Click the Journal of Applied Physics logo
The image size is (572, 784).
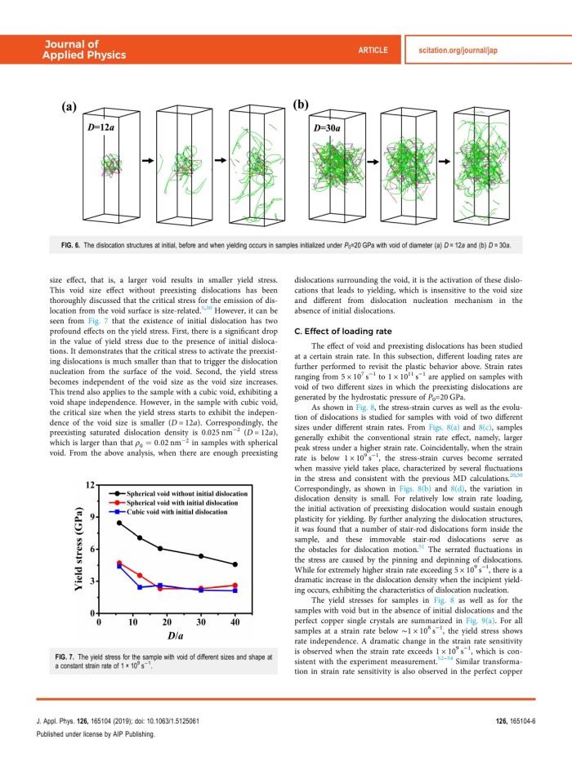(85, 50)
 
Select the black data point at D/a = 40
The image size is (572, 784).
(235, 564)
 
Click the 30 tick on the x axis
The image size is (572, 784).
(201, 622)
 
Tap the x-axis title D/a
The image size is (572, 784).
(167, 637)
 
